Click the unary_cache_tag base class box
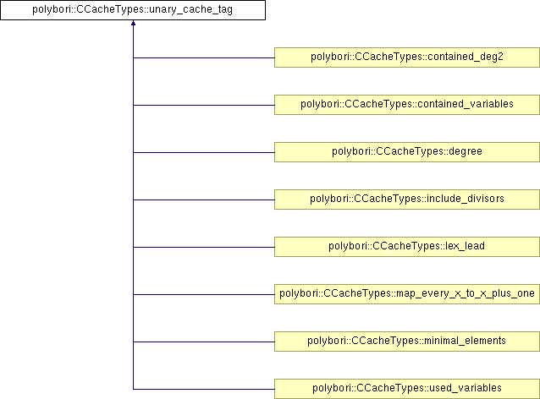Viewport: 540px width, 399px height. [133, 11]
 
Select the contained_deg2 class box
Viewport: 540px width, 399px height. [407, 57]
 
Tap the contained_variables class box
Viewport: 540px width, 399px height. [407, 105]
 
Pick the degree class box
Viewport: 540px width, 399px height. [407, 152]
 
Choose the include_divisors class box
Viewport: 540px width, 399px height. [407, 199]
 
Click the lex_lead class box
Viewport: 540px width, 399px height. [407, 247]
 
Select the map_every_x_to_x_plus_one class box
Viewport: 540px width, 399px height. [407, 294]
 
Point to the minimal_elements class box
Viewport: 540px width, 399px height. [407, 342]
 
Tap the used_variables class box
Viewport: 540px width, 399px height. [407, 389]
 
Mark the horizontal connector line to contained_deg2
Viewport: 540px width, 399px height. [203, 57]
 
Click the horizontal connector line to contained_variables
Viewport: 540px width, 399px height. [203, 105]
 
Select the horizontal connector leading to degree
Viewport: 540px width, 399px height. [203, 152]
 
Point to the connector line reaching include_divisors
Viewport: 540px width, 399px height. [203, 199]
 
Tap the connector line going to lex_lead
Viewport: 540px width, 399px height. [203, 247]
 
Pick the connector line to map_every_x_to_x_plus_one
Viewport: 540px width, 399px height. [203, 294]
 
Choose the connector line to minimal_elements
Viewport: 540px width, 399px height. [203, 342]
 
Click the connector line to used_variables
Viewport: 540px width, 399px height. [203, 389]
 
